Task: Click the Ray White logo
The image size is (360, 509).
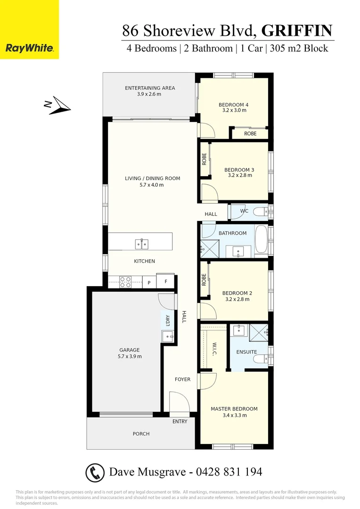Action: (x=29, y=48)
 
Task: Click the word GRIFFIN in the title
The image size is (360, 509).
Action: (x=297, y=31)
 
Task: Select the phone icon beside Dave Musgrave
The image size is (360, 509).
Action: (x=95, y=472)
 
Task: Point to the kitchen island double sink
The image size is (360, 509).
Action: (x=141, y=244)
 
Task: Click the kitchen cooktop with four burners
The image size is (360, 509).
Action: (x=125, y=282)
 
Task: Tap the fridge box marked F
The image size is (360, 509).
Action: (x=165, y=282)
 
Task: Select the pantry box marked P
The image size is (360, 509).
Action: (x=149, y=282)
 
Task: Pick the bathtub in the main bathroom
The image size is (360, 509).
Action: (x=262, y=240)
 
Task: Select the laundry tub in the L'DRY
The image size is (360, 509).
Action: (x=167, y=336)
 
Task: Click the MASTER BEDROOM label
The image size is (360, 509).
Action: (x=234, y=409)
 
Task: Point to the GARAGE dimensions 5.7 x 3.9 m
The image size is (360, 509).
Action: (x=129, y=356)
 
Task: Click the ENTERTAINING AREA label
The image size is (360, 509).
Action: (x=150, y=88)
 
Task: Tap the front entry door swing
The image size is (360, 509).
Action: (x=180, y=402)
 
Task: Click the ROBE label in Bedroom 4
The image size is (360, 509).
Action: (x=250, y=133)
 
